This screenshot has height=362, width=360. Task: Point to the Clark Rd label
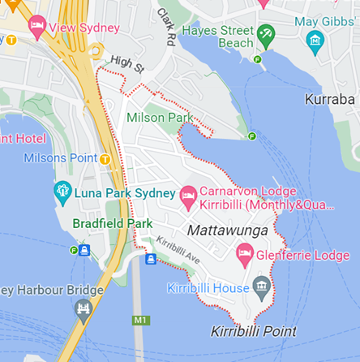[167, 27]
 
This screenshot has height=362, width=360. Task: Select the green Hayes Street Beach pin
[265, 35]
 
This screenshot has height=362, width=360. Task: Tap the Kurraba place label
[332, 99]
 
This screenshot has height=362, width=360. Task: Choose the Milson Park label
[160, 118]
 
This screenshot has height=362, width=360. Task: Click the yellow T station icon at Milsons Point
[105, 159]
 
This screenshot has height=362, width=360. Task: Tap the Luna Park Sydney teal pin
[62, 192]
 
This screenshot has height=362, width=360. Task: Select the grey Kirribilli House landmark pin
[261, 287]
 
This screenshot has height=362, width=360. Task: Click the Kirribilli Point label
[253, 331]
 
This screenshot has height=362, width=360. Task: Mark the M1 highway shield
[141, 321]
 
